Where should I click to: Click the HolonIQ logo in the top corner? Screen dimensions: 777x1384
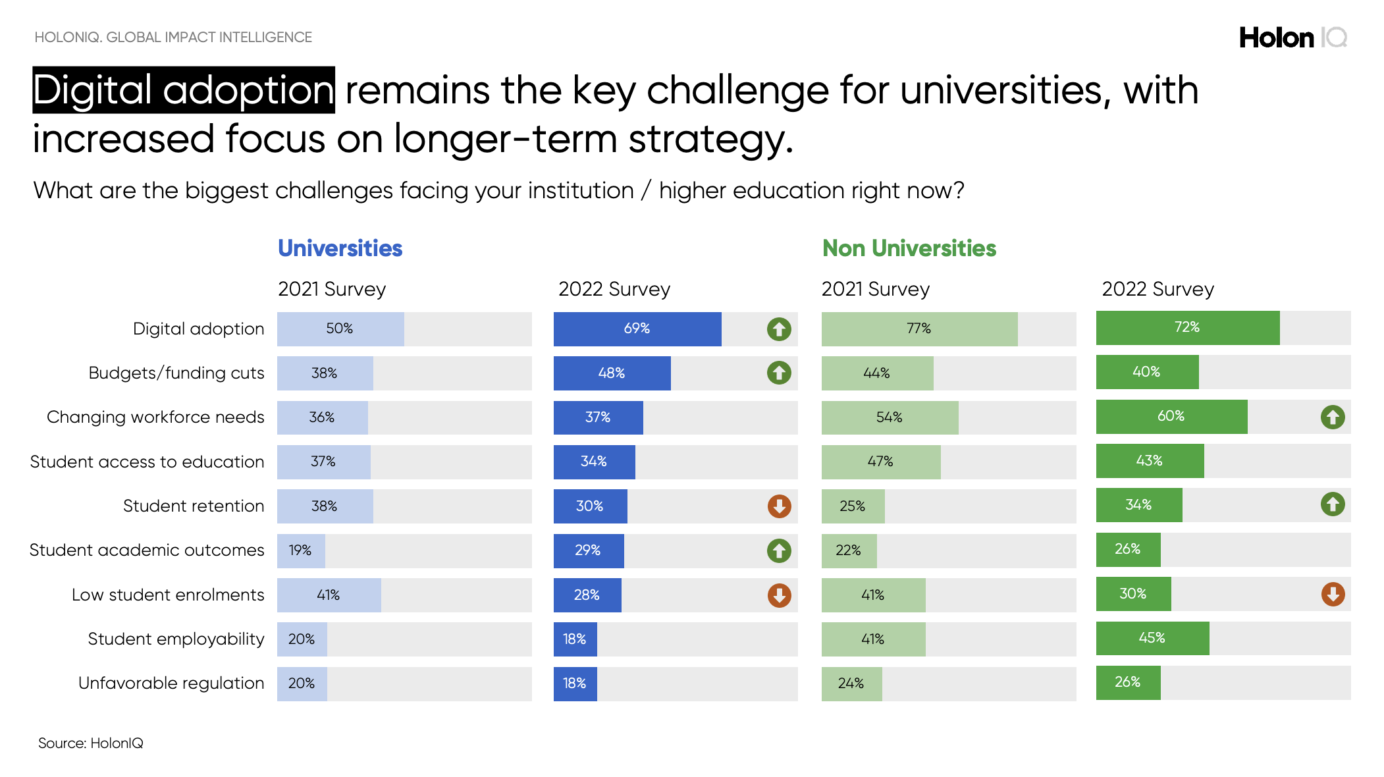(1292, 38)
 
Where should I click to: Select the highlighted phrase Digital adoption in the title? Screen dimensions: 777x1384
(184, 90)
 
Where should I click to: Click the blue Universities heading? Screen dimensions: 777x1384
(340, 248)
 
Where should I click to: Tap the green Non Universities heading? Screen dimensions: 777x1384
(909, 248)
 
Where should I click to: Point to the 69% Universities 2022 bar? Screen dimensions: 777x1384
(637, 329)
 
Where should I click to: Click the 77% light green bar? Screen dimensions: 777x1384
(918, 329)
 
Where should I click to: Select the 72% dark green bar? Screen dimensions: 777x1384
(1187, 327)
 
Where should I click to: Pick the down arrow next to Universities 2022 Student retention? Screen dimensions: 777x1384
(779, 506)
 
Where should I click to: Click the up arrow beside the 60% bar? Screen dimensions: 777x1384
(1333, 417)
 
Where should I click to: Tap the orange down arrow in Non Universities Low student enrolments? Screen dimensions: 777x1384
(1333, 594)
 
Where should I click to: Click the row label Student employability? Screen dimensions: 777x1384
(176, 639)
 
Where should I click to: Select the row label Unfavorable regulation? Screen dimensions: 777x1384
(171, 683)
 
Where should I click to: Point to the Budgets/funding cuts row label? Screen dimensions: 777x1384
(176, 373)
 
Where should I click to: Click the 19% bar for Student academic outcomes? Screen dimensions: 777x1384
(301, 550)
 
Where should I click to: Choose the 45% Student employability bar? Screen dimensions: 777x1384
(1152, 638)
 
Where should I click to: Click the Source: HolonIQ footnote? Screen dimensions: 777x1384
(90, 743)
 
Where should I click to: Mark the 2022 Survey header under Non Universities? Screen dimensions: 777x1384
(1158, 289)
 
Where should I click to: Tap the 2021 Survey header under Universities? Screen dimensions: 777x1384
(331, 289)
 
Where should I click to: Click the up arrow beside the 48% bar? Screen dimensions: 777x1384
(779, 373)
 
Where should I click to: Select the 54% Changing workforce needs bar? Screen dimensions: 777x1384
(889, 417)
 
